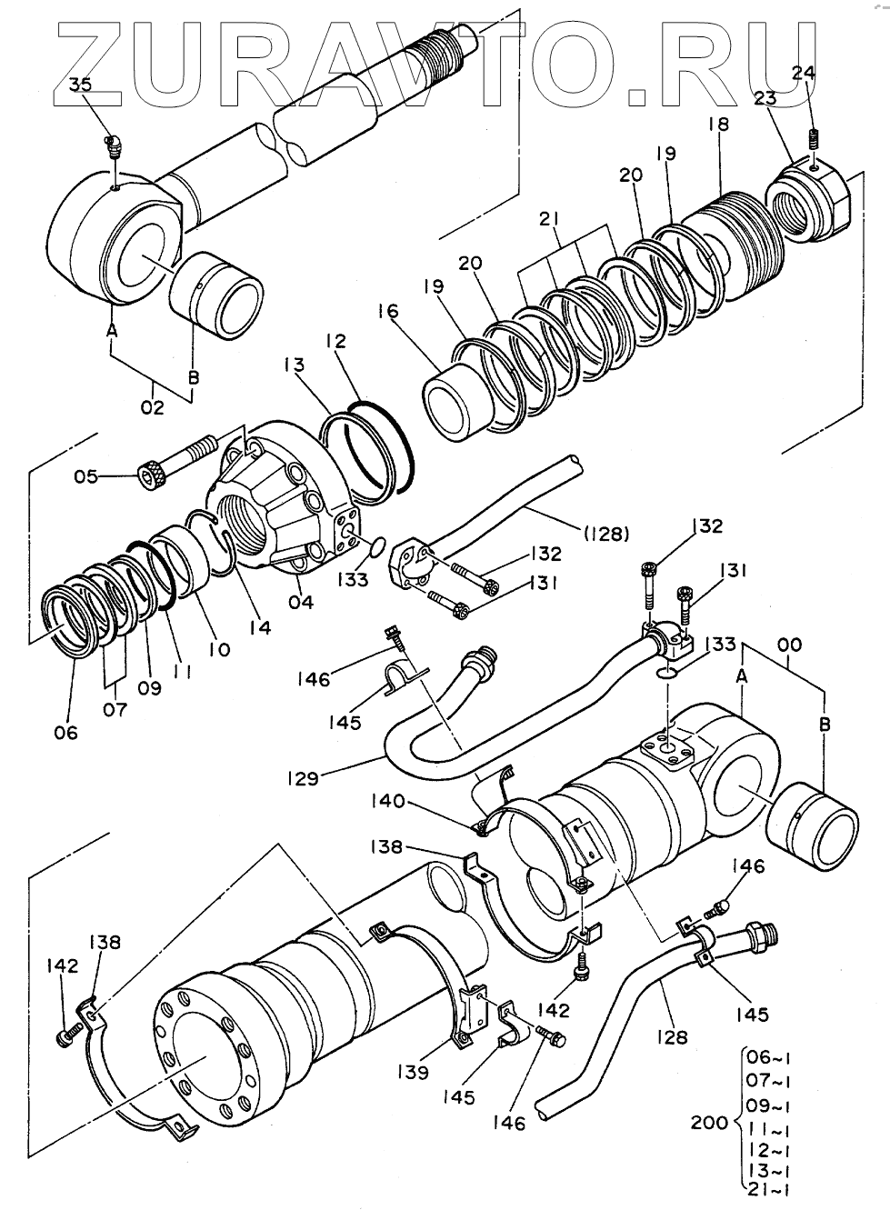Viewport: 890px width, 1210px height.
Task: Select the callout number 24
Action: tap(803, 74)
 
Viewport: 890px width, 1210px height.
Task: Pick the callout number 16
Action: tap(389, 312)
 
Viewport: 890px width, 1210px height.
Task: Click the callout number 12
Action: tap(337, 341)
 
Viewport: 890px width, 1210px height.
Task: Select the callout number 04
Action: tap(301, 602)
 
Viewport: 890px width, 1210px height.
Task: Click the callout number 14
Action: tap(261, 626)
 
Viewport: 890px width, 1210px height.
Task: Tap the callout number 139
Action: tap(412, 1073)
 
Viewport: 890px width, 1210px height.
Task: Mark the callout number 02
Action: tap(153, 408)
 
